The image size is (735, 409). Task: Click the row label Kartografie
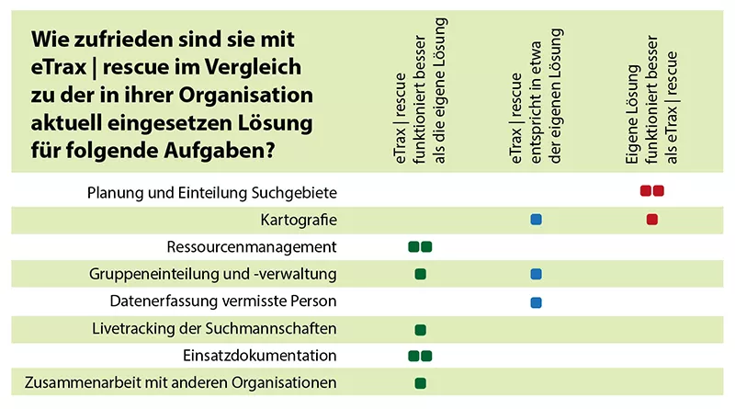pyautogui.click(x=300, y=220)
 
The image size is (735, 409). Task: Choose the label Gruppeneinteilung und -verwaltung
pyautogui.click(x=213, y=274)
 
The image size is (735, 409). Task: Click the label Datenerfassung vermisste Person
pyautogui.click(x=223, y=301)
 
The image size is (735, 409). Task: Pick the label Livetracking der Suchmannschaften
pyautogui.click(x=215, y=328)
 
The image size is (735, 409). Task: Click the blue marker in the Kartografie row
pyautogui.click(x=537, y=220)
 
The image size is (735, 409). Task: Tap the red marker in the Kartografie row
pyautogui.click(x=652, y=220)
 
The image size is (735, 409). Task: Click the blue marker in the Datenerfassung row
pyautogui.click(x=537, y=301)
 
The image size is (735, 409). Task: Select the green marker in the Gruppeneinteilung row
pyautogui.click(x=421, y=274)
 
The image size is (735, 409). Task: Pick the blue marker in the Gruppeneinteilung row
pyautogui.click(x=537, y=274)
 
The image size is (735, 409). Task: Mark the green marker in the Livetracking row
pyautogui.click(x=421, y=329)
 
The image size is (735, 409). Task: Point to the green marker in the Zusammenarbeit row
pyautogui.click(x=421, y=383)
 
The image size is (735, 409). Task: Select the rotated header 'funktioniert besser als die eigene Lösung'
pyautogui.click(x=421, y=92)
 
